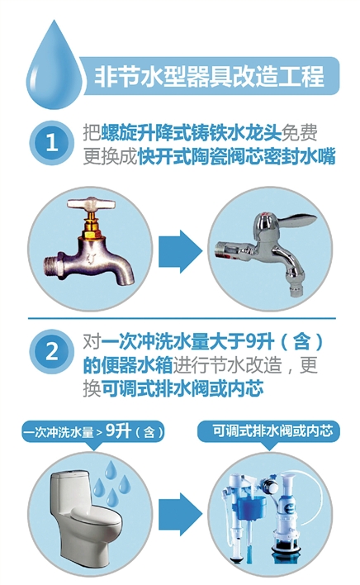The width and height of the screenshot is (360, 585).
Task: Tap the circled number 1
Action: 51,141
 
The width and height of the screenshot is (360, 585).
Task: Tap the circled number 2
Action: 51,350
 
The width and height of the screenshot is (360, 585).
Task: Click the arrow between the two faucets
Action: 179,246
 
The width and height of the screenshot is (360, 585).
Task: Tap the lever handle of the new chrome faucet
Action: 289,216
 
